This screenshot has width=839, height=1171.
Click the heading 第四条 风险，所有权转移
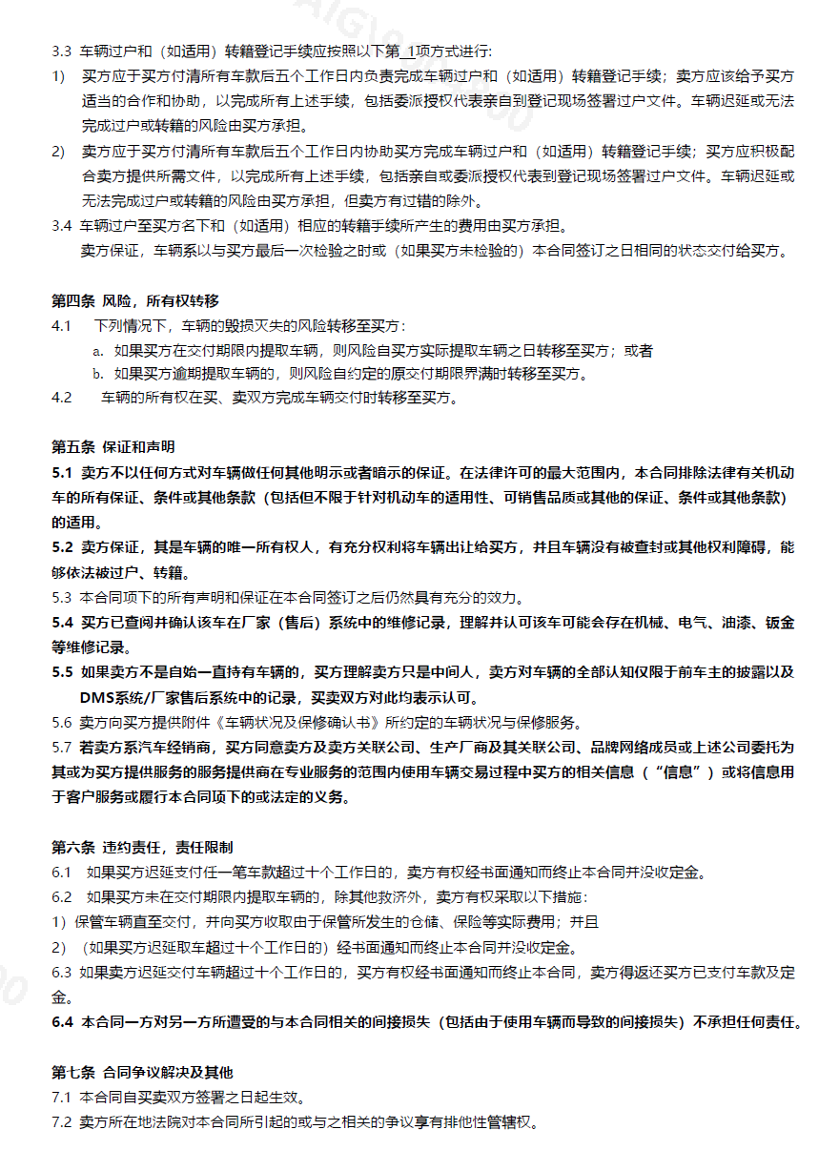coord(134,301)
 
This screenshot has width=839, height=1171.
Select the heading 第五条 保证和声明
coord(113,447)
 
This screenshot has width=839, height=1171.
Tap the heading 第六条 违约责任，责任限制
coord(141,847)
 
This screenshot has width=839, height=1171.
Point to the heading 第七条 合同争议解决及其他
coord(141,1072)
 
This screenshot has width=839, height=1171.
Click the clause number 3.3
coord(62,51)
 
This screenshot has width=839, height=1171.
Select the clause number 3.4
coord(62,226)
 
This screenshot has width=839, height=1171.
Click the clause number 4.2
coord(62,398)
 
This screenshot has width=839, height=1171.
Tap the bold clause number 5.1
coord(62,473)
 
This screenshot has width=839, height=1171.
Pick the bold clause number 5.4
coord(62,623)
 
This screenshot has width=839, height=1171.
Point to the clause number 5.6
coord(62,722)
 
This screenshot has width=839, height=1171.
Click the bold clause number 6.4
coord(62,1022)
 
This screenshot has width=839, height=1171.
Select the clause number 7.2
coord(62,1122)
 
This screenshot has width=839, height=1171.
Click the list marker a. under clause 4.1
coord(97,351)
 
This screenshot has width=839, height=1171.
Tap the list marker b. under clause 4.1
coord(97,374)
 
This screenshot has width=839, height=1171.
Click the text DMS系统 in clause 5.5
coord(113,697)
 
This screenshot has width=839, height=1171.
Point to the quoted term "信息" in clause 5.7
coord(678,771)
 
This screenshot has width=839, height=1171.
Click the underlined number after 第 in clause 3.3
coord(410,51)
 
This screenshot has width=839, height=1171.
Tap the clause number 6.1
coord(62,872)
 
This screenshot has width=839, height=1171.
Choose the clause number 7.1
coord(62,1098)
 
